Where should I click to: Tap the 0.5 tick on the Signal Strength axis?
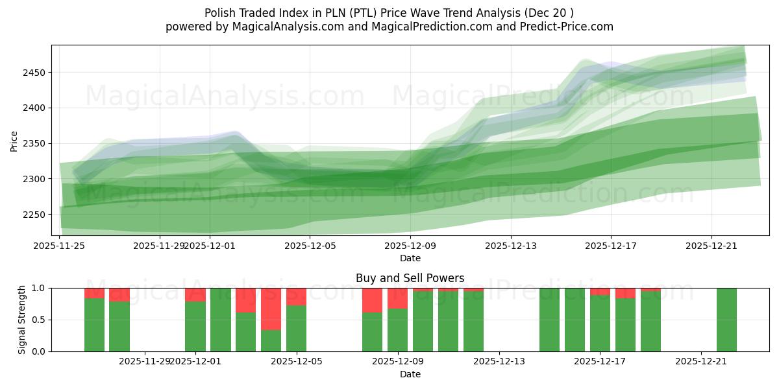tap(39, 320)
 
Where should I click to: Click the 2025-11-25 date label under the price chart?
tap(60, 246)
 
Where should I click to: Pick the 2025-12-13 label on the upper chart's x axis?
tap(511, 246)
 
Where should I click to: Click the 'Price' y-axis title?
tap(14, 141)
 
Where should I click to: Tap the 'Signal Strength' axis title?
tap(22, 320)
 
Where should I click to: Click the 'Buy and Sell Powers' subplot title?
tap(410, 278)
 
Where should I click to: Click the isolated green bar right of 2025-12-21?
tap(726, 320)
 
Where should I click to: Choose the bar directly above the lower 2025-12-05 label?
tap(296, 320)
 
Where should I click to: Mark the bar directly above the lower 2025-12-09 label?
tap(397, 320)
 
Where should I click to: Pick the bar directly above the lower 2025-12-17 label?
tap(600, 320)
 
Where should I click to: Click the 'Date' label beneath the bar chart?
tap(410, 374)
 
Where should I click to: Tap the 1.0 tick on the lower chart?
tap(39, 288)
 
